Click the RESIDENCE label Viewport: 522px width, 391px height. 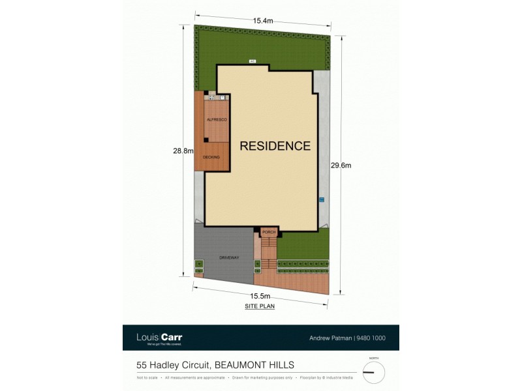tap(275, 146)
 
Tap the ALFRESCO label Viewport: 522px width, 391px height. tap(216, 121)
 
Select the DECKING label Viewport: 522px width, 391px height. tap(211, 157)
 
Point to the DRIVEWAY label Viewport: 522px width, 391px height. tap(228, 257)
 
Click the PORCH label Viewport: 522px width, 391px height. tap(268, 232)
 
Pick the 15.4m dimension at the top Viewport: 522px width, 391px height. tap(264, 21)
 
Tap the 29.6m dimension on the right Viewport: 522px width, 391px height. tap(340, 165)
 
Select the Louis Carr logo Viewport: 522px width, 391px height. tap(159, 338)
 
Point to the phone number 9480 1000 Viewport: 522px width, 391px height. tap(371, 338)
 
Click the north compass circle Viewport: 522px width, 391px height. tap(374, 372)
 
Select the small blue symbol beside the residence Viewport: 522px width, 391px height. tap(321, 199)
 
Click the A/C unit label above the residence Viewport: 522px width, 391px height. tap(252, 61)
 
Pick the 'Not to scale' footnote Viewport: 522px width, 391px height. tap(147, 377)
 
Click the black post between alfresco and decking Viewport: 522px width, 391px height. tap(206, 139)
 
